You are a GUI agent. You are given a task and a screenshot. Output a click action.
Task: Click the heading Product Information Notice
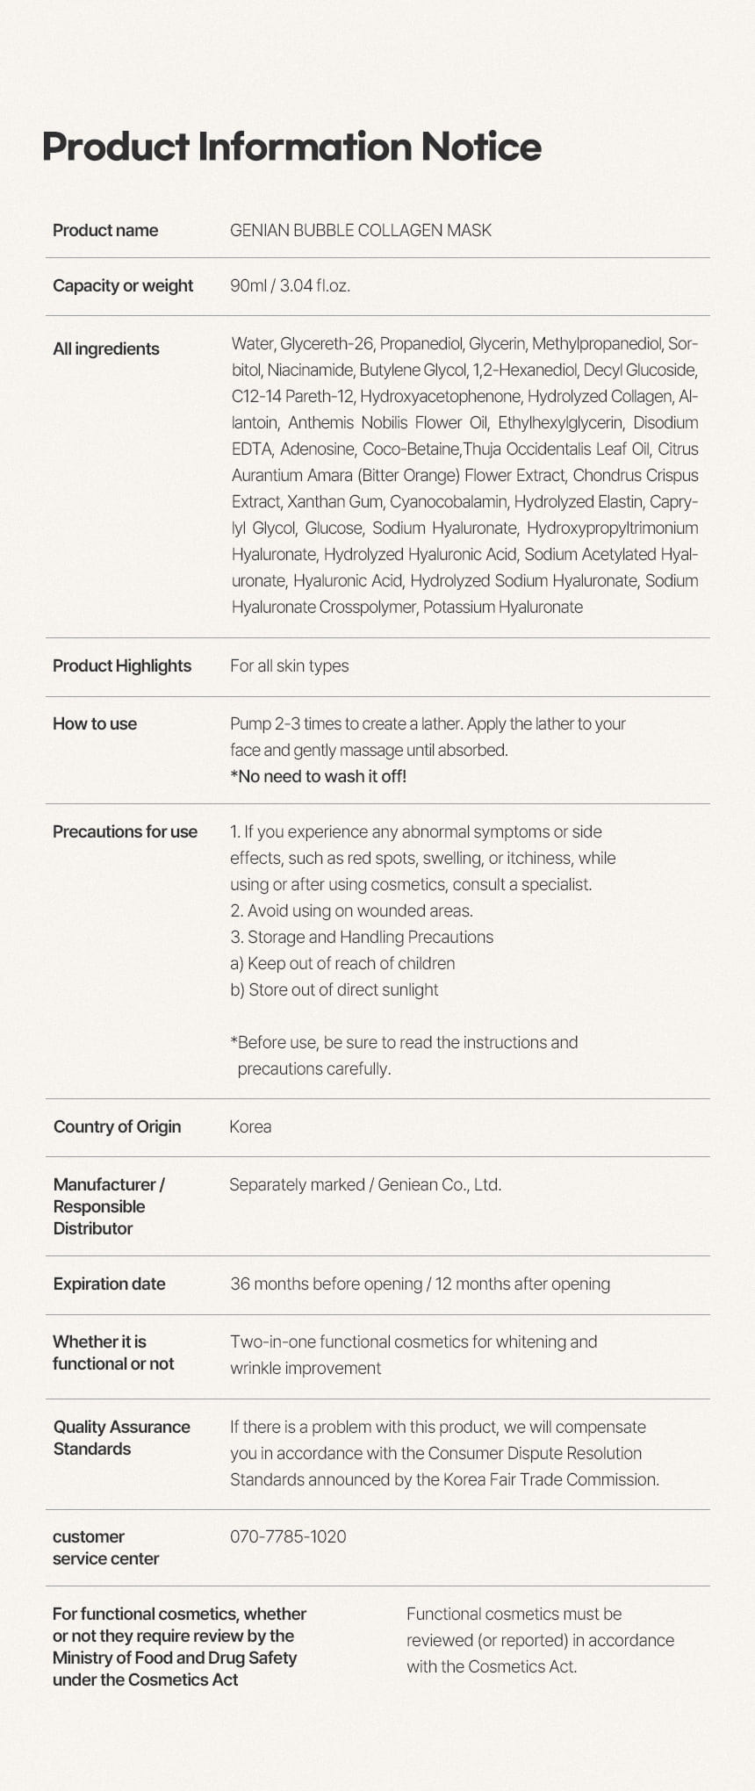tap(291, 147)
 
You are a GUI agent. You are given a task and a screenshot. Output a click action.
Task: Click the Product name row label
tap(105, 231)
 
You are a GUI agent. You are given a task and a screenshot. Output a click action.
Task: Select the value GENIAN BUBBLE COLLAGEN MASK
tap(360, 231)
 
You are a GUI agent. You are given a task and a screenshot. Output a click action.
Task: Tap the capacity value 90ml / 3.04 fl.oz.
tap(290, 286)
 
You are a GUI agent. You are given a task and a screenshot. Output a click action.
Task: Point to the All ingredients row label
tap(106, 349)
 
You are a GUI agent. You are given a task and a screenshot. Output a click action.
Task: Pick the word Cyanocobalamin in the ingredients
tap(448, 502)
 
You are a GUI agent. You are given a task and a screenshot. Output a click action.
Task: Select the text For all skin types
tap(289, 666)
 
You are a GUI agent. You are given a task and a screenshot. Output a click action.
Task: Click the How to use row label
tap(95, 724)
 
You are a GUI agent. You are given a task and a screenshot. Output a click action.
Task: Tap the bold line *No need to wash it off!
tap(318, 777)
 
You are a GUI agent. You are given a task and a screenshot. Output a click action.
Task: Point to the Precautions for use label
tap(125, 832)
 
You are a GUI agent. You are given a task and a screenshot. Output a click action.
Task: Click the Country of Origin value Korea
tap(250, 1127)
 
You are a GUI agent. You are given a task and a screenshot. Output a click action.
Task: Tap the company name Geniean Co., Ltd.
tap(439, 1185)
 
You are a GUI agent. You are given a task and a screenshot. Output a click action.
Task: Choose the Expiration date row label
tap(109, 1284)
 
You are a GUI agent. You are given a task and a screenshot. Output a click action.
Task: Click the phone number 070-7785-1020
tap(288, 1537)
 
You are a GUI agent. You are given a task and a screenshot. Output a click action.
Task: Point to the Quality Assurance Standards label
tap(121, 1438)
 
